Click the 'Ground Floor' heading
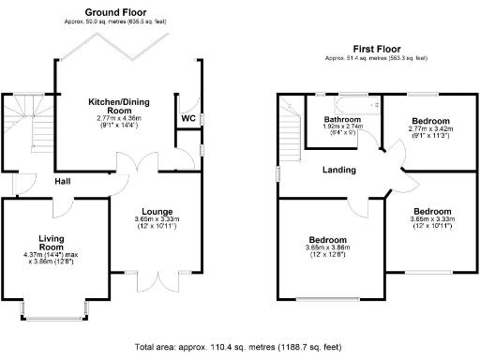tap(105, 14)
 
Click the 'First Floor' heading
tap(375, 48)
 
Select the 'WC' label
tap(187, 118)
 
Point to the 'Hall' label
tap(64, 181)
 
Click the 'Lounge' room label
tap(156, 211)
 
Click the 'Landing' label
tap(338, 170)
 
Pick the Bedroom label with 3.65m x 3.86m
tap(328, 240)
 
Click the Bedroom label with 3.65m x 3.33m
tap(435, 212)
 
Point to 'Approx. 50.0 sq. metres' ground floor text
tap(105, 23)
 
